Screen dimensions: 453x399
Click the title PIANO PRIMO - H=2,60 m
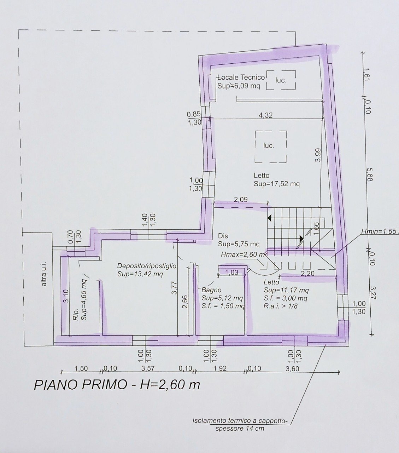tap(117, 384)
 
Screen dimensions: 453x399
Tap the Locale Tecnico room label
tap(241, 78)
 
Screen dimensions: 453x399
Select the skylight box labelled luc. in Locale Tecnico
tap(281, 80)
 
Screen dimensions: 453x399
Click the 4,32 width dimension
tap(266, 115)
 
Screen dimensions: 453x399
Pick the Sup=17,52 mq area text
tap(276, 184)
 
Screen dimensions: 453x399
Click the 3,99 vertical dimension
tap(318, 155)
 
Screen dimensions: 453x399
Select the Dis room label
tap(223, 236)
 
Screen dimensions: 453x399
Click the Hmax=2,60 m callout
tap(242, 254)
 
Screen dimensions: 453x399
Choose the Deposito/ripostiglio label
tap(147, 266)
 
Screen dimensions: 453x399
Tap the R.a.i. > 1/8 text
tap(280, 306)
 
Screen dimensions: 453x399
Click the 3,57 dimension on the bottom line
tap(148, 368)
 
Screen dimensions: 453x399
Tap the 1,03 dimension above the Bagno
tap(231, 272)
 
